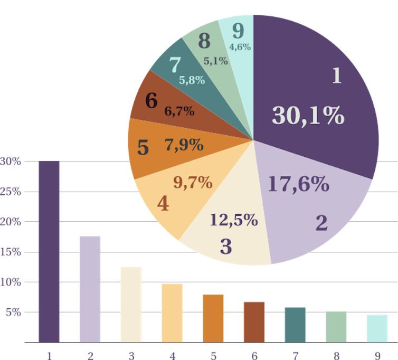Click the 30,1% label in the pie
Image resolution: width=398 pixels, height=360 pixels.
308,115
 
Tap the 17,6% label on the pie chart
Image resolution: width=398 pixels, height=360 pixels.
298,184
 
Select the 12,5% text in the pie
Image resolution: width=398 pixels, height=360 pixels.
233,220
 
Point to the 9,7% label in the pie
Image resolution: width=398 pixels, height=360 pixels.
193,183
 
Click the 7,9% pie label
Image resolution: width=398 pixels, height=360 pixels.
184,145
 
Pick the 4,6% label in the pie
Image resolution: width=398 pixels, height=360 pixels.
240,47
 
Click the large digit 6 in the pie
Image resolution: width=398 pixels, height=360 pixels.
151,100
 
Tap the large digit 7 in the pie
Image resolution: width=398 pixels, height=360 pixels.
175,65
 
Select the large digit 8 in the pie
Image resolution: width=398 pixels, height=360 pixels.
204,41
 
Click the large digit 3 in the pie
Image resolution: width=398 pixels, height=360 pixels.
225,246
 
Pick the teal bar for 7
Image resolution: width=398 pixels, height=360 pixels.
295,325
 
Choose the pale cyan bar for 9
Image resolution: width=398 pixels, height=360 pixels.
377,328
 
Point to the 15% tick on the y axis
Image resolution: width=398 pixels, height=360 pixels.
11,252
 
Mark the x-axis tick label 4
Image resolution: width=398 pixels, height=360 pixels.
172,356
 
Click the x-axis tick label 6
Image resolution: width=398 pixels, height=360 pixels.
254,356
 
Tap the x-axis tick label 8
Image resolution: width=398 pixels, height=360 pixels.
336,356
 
